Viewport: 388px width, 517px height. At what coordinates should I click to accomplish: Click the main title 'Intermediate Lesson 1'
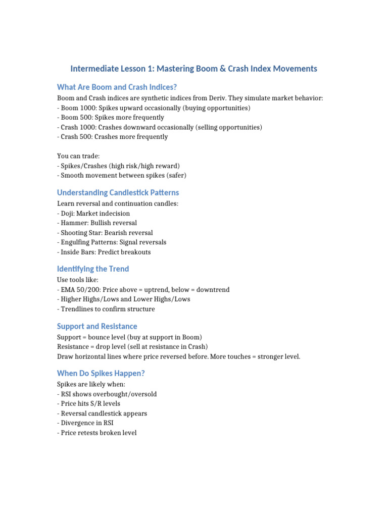coord(193,68)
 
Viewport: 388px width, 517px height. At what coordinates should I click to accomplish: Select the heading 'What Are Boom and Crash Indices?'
coord(117,87)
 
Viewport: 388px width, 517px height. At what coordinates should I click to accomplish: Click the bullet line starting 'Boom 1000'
coord(154,108)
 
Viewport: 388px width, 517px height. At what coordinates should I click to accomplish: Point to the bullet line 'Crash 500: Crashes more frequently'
coord(112,136)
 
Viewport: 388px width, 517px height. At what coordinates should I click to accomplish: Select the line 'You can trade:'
coord(78,156)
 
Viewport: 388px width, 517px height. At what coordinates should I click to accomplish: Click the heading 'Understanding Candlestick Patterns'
coord(118,192)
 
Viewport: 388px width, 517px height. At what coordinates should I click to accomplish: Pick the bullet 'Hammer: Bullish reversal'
coord(97,223)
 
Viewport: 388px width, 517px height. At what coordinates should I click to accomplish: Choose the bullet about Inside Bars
coord(104,252)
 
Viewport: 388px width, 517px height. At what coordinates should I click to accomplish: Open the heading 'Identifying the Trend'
coord(93,269)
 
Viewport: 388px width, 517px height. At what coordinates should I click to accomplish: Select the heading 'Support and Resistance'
coord(97,326)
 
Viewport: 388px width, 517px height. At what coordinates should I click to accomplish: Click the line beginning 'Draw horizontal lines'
coord(178,356)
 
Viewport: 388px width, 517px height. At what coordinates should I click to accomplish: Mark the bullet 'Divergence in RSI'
coord(85,423)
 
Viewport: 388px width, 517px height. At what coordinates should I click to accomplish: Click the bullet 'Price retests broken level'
coord(96,433)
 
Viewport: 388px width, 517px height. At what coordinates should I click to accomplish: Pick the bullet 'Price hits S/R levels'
coord(88,403)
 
